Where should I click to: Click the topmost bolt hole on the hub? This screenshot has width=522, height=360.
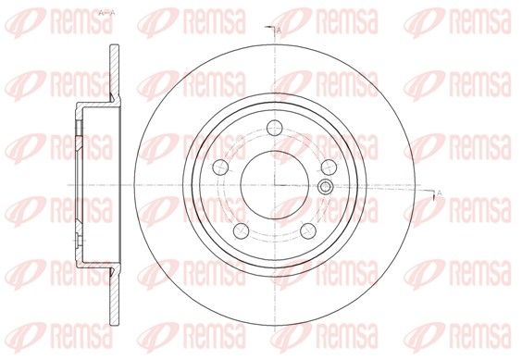[x=275, y=128]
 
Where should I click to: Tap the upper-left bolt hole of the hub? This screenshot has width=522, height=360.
[x=220, y=167]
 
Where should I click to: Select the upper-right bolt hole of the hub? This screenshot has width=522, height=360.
[x=329, y=167]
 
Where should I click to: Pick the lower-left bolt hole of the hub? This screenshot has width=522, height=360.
[x=242, y=230]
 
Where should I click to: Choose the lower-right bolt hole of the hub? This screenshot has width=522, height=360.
[x=308, y=230]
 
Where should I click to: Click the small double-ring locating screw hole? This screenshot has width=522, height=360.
[x=325, y=187]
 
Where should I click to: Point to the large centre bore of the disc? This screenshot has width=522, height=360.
[x=275, y=185]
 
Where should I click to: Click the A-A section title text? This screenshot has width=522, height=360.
[x=106, y=13]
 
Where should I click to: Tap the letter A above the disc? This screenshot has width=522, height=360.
[x=279, y=31]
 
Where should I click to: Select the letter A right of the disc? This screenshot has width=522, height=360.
[x=439, y=192]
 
